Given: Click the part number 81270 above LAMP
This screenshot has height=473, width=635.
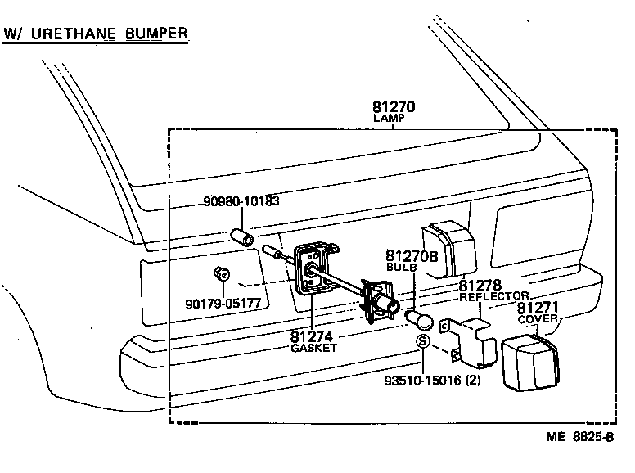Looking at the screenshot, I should [394, 106].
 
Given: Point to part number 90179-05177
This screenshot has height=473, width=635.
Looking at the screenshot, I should [223, 303].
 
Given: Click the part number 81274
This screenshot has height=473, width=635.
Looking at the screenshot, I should [311, 335].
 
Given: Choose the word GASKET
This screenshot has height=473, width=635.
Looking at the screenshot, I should [312, 347].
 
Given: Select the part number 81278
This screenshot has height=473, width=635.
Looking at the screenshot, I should [480, 286].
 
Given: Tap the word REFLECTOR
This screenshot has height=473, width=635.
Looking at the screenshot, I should [493, 297].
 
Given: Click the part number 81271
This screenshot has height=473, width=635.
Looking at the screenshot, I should [537, 308].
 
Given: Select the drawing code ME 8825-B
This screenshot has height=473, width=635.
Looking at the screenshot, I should [580, 436].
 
